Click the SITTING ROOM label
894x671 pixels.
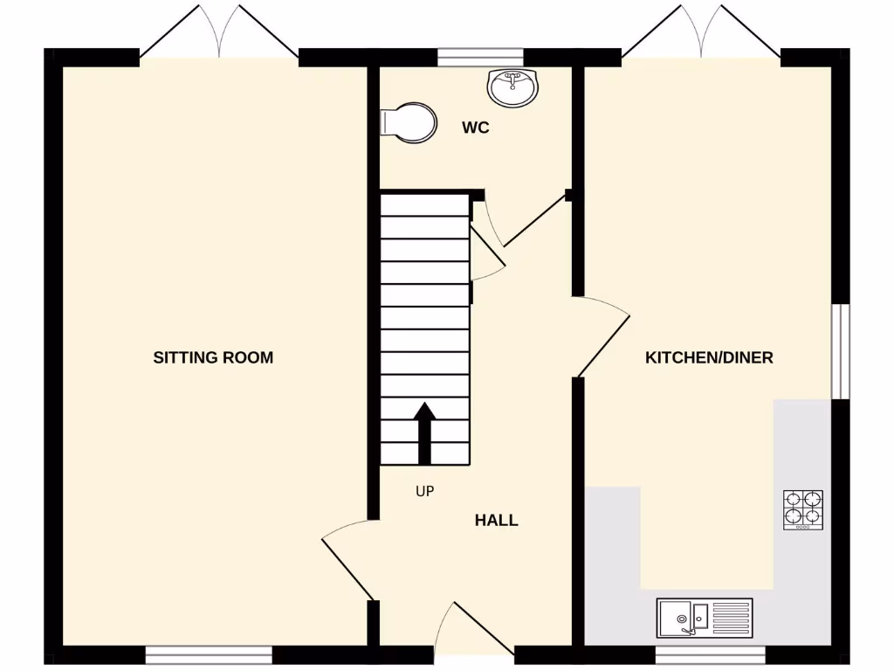coord(213,357)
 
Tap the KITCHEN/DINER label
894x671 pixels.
coord(709,357)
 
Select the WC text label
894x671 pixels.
coord(475,128)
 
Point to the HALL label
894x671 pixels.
coord(496,521)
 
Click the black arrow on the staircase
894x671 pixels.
coord(424,432)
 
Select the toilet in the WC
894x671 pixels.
coord(409,122)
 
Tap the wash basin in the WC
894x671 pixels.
coord(514,86)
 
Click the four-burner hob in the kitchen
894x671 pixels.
coord(803,509)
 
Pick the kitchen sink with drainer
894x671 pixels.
coord(704,617)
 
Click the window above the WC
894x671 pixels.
coord(479,57)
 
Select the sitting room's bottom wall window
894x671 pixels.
coord(209,653)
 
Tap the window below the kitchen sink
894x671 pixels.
coord(710,653)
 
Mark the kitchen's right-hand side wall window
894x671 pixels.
coord(840,350)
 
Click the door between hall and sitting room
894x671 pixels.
coord(349,559)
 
